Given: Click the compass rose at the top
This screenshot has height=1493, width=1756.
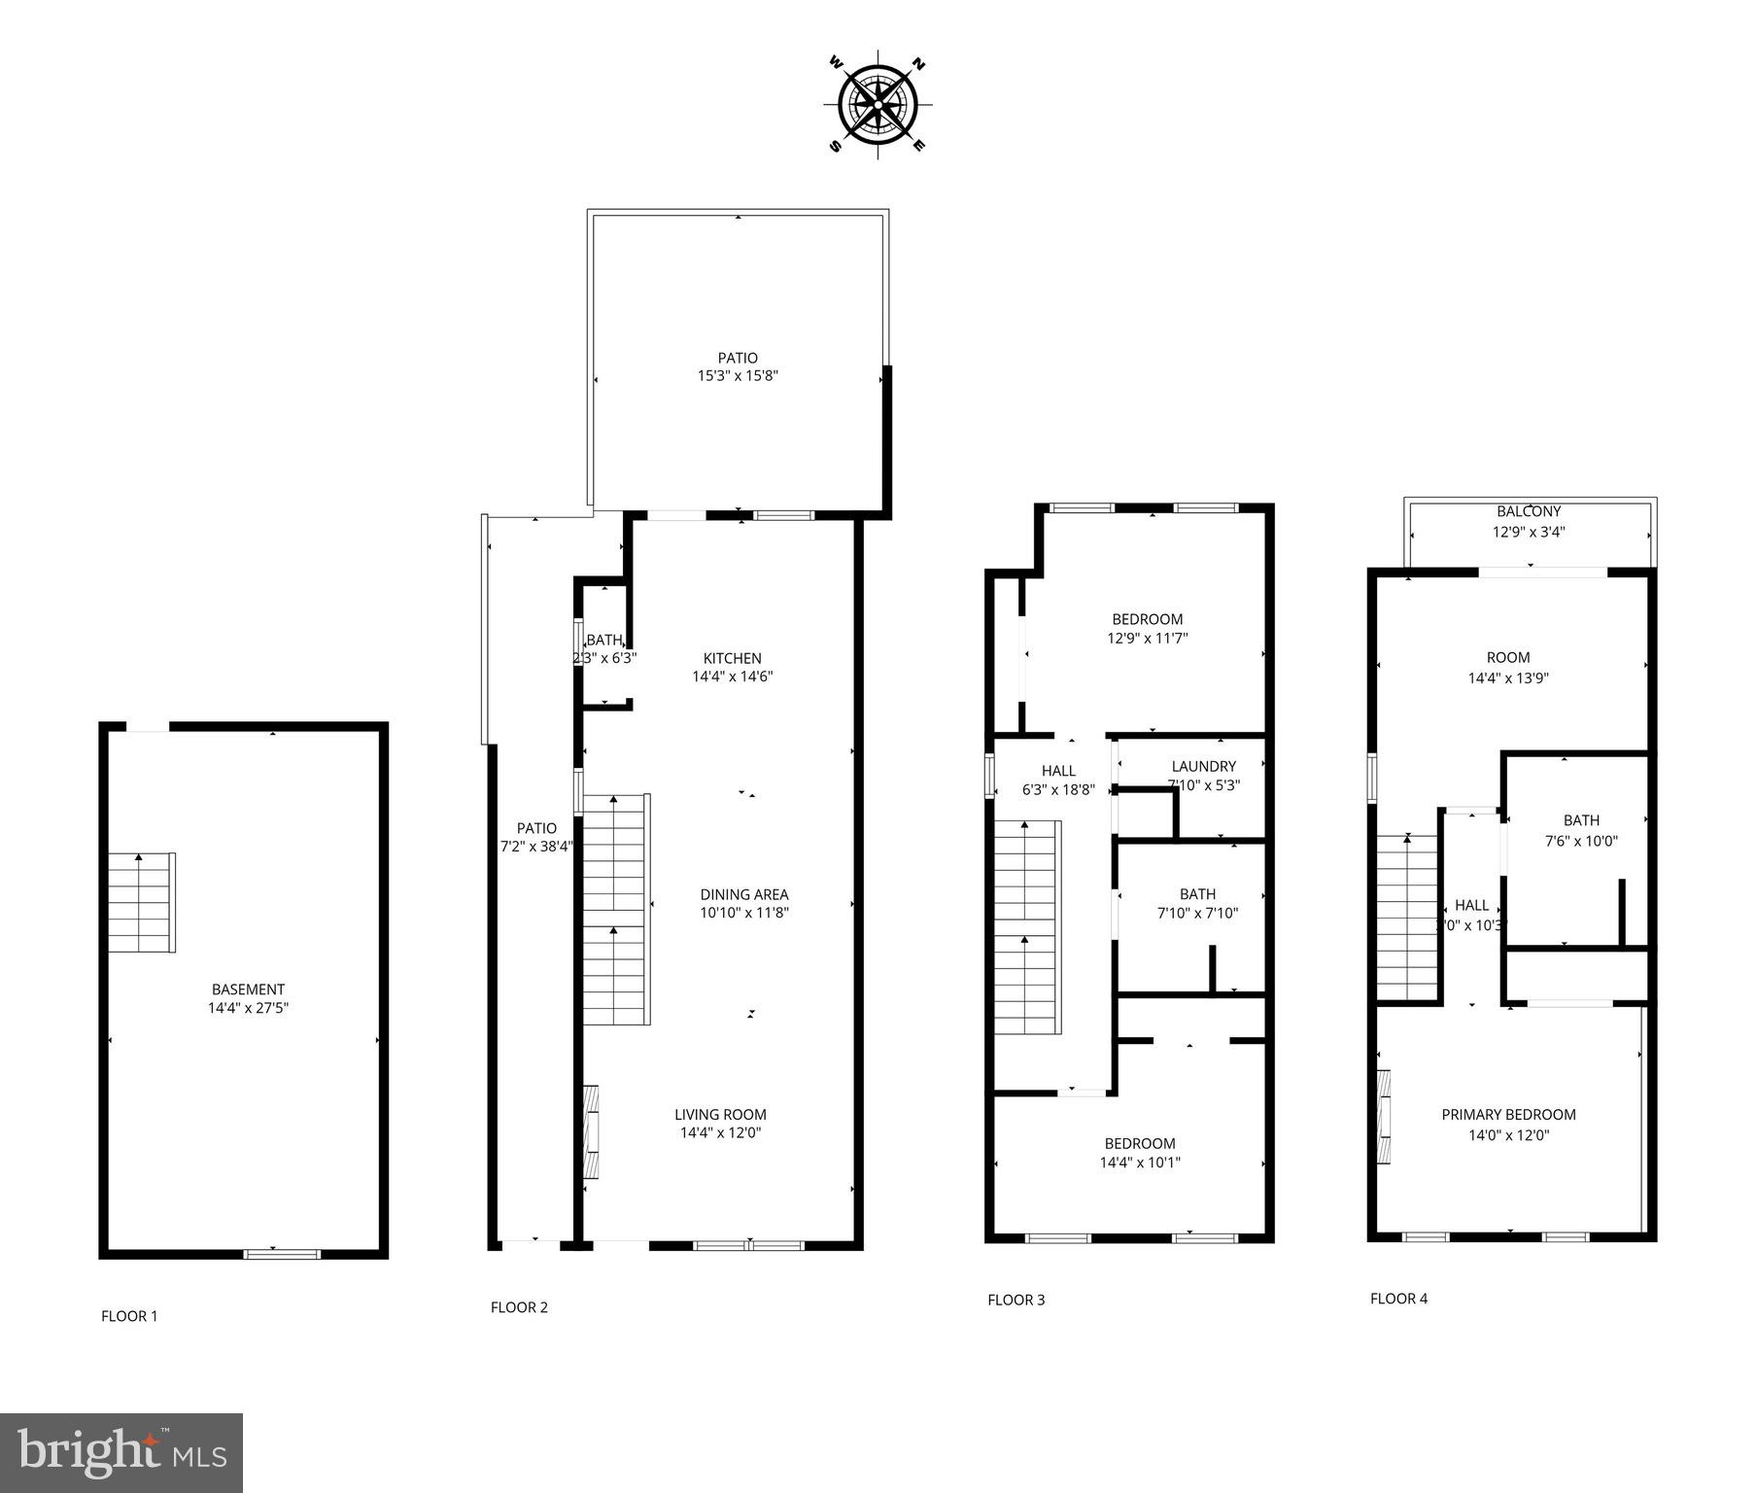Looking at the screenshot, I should tap(878, 104).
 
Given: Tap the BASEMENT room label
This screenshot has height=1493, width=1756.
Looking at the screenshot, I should tap(248, 990).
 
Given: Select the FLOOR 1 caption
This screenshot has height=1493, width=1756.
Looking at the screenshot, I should tap(129, 1316).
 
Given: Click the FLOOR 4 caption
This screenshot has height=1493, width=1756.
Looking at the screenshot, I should tap(1398, 1298).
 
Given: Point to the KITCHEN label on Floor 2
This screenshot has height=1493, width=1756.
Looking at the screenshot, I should tap(732, 658).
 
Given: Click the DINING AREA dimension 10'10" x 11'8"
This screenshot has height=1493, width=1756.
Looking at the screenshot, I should tap(744, 913).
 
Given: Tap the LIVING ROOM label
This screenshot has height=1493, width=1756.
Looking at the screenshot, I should tap(720, 1115).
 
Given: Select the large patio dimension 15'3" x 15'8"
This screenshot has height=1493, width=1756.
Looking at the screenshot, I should tap(738, 376).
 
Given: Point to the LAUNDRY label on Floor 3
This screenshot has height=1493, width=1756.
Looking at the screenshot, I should tap(1203, 766).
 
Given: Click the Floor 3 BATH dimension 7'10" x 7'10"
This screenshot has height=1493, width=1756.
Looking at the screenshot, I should tap(1197, 913).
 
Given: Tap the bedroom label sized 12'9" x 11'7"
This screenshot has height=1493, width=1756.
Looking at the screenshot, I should tap(1147, 629).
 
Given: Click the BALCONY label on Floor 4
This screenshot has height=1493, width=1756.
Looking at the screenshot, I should tap(1529, 511).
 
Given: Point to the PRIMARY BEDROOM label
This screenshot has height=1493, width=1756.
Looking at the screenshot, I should tap(1508, 1115).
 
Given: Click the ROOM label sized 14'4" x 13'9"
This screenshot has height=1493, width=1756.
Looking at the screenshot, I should tap(1507, 668).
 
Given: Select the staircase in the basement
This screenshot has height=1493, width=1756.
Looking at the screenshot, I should tap(141, 903).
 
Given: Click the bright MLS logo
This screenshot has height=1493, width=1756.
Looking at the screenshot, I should tap(121, 1452).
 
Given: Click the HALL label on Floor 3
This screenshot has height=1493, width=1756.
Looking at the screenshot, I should tap(1057, 771).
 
